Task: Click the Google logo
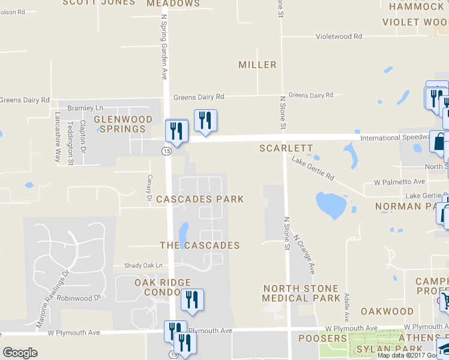(x=20, y=353)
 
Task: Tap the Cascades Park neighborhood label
(x=200, y=199)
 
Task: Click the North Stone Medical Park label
(x=301, y=293)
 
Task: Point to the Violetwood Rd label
(x=339, y=37)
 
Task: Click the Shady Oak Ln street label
(x=143, y=265)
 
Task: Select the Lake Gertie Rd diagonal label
(x=313, y=169)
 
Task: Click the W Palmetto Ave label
(x=399, y=182)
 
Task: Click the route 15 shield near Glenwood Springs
(x=165, y=152)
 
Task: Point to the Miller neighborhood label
(x=258, y=65)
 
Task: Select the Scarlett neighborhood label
(x=286, y=148)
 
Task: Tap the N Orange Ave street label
(x=305, y=254)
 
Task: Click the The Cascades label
(x=200, y=245)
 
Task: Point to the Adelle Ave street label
(x=347, y=306)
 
